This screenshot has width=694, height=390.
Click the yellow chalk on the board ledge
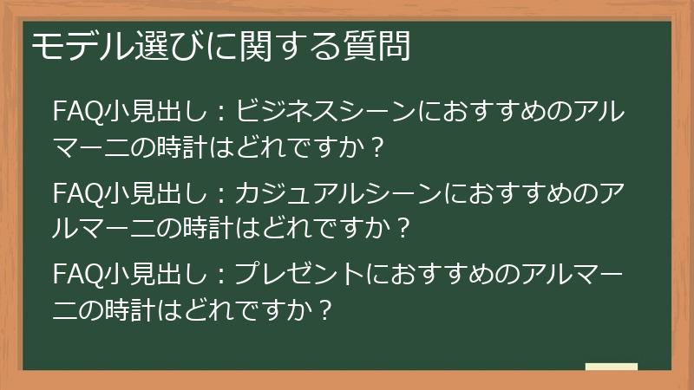pyautogui.click(x=611, y=367)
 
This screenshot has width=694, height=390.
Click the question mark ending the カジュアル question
pyautogui.click(x=401, y=226)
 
